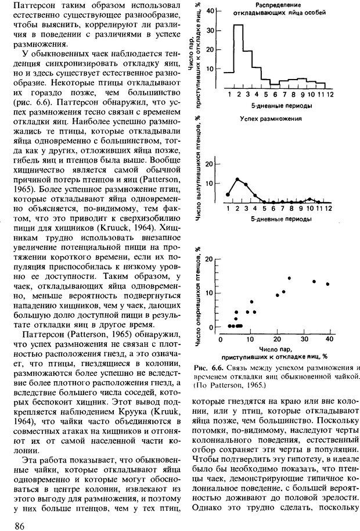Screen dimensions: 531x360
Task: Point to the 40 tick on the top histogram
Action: [211, 10]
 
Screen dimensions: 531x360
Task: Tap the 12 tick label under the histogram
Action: [330, 94]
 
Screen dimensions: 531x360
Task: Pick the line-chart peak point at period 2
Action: [237, 180]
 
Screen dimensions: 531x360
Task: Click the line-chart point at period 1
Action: [228, 194]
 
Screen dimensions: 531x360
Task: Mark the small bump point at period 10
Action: [311, 199]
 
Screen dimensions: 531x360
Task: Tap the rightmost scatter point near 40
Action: [328, 284]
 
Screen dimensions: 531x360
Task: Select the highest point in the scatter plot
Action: [289, 278]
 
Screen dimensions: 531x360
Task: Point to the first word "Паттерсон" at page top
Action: [28, 6]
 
